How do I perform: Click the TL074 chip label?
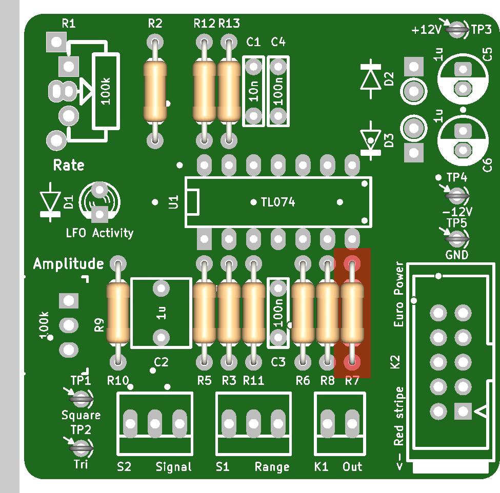[x=278, y=202]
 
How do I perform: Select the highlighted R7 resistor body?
[x=352, y=313]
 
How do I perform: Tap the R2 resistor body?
[x=155, y=91]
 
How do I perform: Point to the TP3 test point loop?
[x=456, y=30]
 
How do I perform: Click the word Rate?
[x=69, y=165]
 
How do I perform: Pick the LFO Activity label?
[x=99, y=233]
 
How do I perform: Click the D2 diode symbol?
[x=371, y=79]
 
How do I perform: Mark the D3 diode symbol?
[x=371, y=140]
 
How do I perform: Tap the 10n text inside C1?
[x=253, y=91]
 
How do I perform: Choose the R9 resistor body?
[x=118, y=313]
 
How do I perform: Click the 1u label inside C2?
[x=162, y=313]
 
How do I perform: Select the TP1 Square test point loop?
[x=81, y=399]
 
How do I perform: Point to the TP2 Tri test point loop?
[x=81, y=448]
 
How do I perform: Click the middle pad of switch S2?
[x=155, y=423]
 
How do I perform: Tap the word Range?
[x=272, y=467]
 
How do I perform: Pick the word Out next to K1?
[x=352, y=466]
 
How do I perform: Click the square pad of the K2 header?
[x=463, y=411]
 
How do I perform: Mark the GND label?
[x=457, y=255]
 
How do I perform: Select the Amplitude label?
[x=69, y=264]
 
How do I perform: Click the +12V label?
[x=426, y=30]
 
